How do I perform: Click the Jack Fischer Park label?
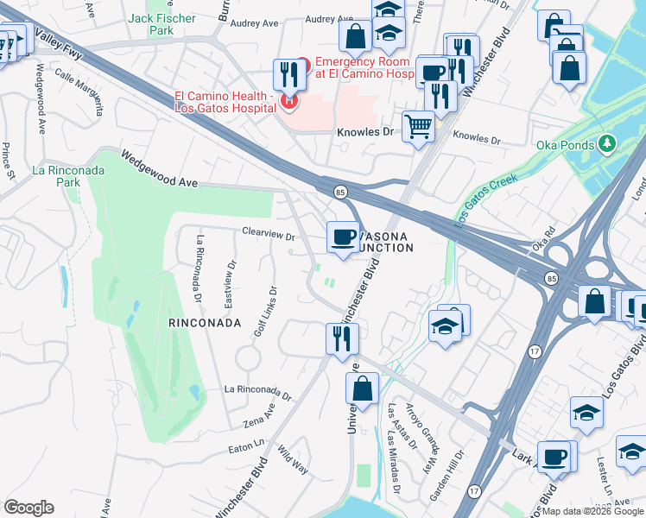pyautogui.click(x=149, y=23)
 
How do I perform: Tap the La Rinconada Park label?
pyautogui.click(x=68, y=176)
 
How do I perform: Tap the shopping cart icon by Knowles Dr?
pyautogui.click(x=419, y=127)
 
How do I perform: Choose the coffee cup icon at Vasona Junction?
pyautogui.click(x=343, y=236)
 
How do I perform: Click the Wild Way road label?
pyautogui.click(x=293, y=460)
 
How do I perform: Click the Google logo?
pyautogui.click(x=28, y=508)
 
